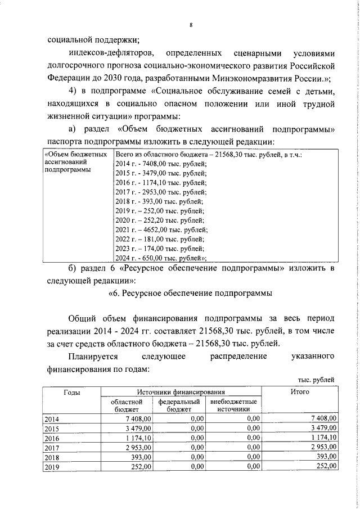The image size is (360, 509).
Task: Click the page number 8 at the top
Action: (x=191, y=25)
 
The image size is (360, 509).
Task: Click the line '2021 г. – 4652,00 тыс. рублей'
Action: (x=161, y=229)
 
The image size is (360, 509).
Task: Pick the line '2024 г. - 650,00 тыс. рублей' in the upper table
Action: (x=161, y=258)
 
